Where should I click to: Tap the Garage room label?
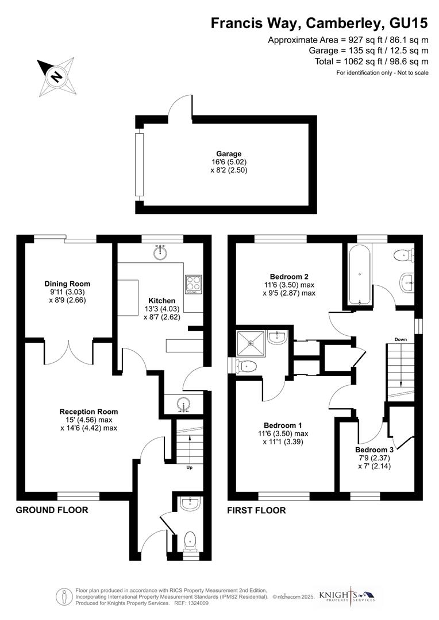[228, 154]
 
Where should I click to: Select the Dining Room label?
[67, 284]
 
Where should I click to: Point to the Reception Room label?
[88, 411]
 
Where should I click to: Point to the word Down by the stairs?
[401, 340]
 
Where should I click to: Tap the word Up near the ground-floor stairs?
[189, 467]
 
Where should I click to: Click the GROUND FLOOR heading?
[52, 510]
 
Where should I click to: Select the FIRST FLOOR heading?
[256, 510]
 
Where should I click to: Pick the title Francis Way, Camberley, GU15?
[319, 23]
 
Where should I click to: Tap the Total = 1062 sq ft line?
[371, 61]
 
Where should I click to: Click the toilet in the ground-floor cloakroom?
[189, 541]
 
